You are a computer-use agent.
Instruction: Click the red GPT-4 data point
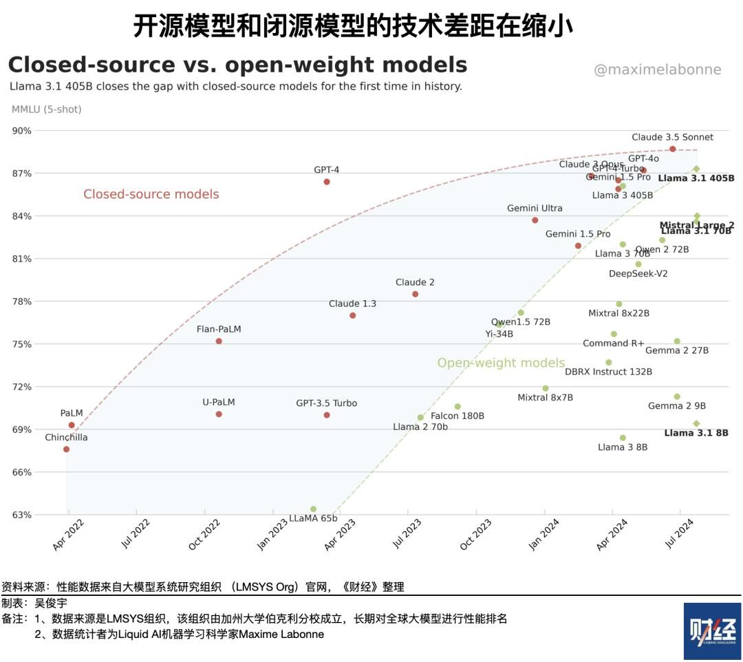(x=327, y=182)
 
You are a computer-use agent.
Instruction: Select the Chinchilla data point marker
(x=66, y=449)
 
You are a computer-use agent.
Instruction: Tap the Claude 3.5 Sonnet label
(x=672, y=137)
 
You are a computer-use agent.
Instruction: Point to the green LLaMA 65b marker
(x=313, y=509)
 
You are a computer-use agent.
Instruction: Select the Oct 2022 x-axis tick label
(x=204, y=535)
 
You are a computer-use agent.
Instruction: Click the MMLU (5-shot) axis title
(x=46, y=109)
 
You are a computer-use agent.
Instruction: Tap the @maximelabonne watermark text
(x=657, y=70)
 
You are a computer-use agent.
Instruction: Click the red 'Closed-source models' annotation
(x=151, y=194)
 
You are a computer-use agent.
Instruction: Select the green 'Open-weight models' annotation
(x=501, y=363)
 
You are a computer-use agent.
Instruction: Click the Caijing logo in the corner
(x=712, y=631)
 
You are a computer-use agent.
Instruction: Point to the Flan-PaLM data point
(x=219, y=341)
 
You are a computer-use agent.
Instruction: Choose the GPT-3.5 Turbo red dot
(x=327, y=415)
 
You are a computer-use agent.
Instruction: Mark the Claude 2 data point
(x=415, y=294)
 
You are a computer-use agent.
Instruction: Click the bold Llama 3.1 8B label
(x=696, y=433)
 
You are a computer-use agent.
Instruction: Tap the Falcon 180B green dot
(x=457, y=407)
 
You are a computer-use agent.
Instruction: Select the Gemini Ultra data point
(x=535, y=220)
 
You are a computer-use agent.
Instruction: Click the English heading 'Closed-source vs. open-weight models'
(x=237, y=65)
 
